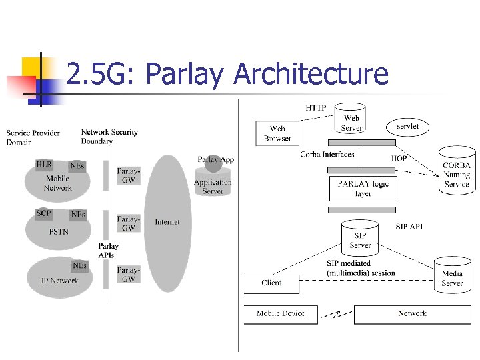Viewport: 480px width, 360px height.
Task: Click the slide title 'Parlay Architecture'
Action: click(227, 74)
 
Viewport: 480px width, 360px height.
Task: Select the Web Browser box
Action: click(277, 133)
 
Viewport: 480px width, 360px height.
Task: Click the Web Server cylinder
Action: click(351, 119)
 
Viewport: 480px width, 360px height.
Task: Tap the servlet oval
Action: click(407, 126)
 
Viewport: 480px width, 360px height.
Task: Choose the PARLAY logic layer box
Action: click(363, 188)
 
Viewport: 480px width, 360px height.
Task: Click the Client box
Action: click(271, 283)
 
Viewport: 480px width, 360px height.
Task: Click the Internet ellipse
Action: click(167, 222)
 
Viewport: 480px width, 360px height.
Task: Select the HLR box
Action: click(44, 164)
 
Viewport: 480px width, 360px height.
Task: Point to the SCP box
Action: click(43, 214)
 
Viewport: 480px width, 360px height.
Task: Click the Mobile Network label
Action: click(57, 183)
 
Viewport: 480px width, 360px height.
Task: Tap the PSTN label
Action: click(59, 232)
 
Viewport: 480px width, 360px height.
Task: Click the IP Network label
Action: click(59, 281)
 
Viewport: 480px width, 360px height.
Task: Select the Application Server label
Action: click(213, 187)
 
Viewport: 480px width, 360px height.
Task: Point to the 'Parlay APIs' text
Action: click(107, 251)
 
